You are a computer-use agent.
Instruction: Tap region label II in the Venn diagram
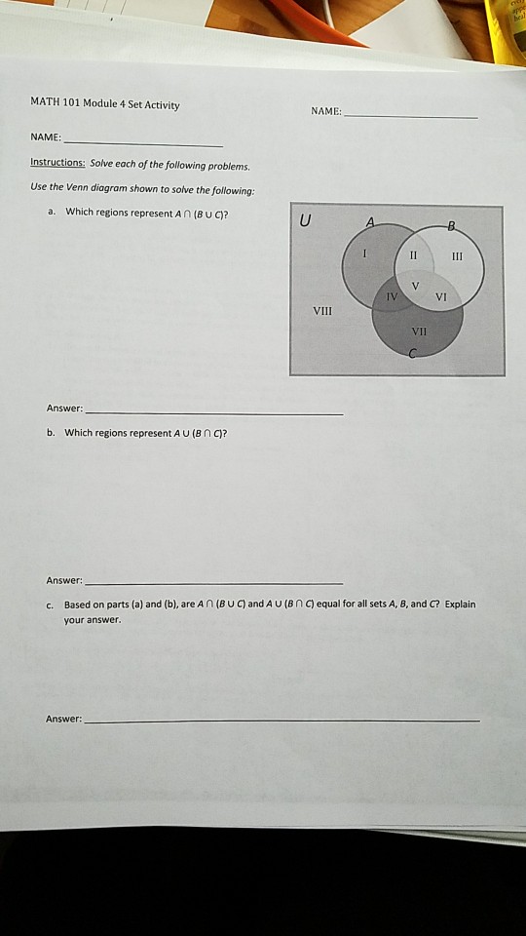coord(413,253)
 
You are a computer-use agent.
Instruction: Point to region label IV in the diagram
coord(391,293)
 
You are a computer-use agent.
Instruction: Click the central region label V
coord(415,286)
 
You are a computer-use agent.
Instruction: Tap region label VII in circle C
coord(420,331)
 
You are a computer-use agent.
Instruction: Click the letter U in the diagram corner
coord(306,220)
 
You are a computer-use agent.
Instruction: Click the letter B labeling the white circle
coord(450,227)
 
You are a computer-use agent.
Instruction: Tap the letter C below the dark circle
coord(412,356)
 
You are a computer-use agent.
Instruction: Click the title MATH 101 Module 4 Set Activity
coord(105,104)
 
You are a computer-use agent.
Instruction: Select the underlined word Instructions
coord(57,164)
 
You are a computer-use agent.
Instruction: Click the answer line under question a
coord(214,414)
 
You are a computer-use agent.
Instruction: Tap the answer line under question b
coord(214,582)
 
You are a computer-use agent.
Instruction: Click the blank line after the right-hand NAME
coord(411,116)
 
